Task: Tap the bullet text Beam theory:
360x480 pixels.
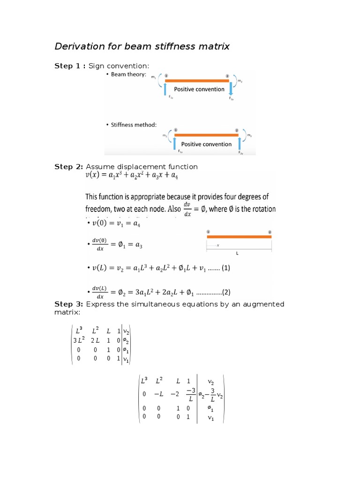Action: coord(128,75)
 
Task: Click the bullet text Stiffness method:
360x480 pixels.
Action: coord(134,125)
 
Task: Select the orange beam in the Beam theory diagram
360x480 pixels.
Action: coord(198,80)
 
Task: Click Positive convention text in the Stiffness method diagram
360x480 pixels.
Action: coord(206,144)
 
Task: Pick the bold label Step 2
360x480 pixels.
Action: coord(69,166)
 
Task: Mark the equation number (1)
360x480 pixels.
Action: coord(225,269)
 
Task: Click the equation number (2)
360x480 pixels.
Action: coord(227,292)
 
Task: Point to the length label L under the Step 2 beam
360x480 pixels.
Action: coord(237,253)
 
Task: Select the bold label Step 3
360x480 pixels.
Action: coord(69,304)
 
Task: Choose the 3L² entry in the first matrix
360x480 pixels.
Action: coord(78,340)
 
